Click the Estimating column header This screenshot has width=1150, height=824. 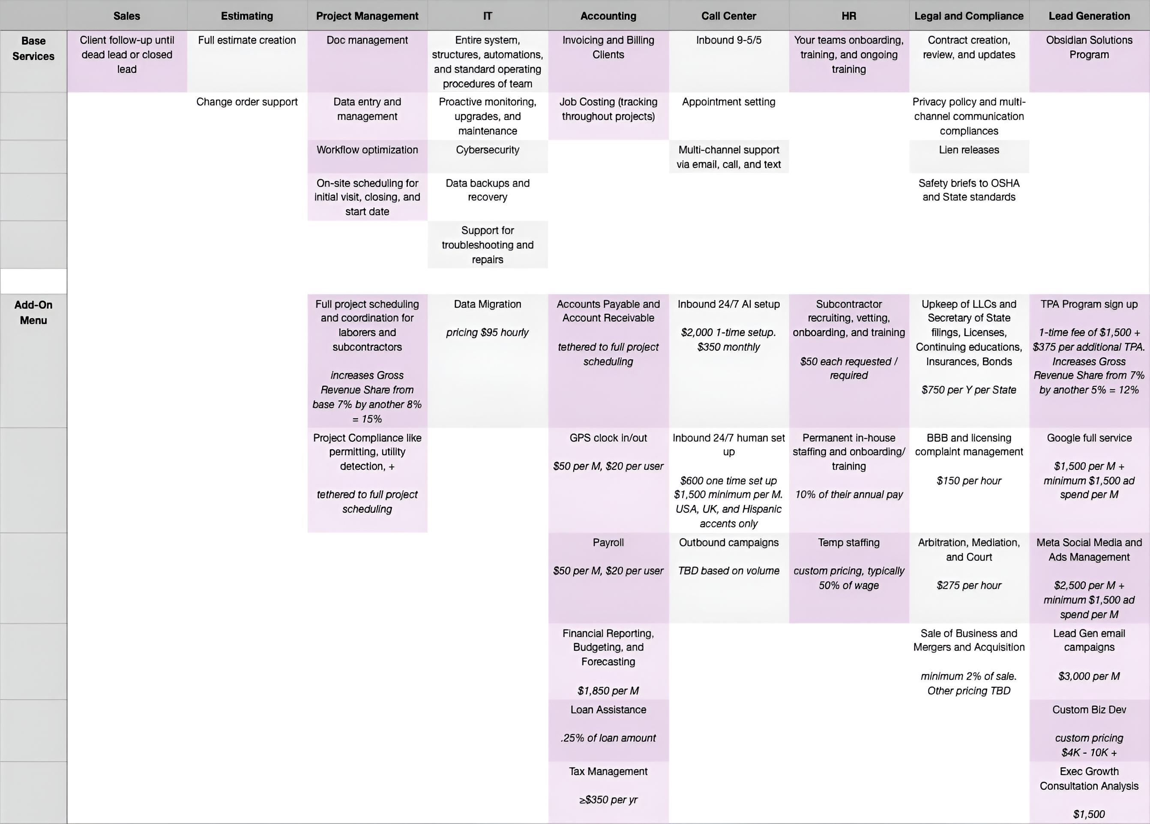(x=247, y=16)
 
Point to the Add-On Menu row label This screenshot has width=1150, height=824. (x=33, y=313)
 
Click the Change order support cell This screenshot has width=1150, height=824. (x=247, y=102)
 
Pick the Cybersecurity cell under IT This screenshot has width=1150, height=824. (x=487, y=150)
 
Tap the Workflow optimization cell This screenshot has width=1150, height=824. (x=367, y=150)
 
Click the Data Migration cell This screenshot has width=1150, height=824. (x=487, y=304)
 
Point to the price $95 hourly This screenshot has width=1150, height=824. (x=487, y=333)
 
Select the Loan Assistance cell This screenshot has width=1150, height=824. (x=608, y=710)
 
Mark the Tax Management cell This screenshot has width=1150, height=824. (x=608, y=772)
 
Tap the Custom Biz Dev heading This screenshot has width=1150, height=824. (x=1089, y=710)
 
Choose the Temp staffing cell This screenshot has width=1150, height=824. (x=848, y=543)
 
